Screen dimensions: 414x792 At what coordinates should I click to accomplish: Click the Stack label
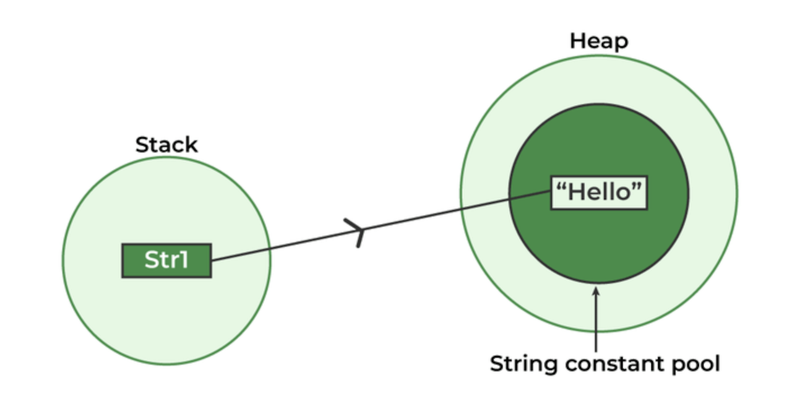[x=166, y=145]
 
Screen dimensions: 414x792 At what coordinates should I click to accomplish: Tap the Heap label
[x=598, y=41]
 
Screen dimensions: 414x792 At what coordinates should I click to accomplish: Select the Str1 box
[x=166, y=261]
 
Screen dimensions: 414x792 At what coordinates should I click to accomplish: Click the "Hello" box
[x=599, y=192]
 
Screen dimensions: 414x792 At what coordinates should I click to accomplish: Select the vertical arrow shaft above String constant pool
[x=596, y=322]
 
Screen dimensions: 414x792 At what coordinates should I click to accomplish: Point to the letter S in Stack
[x=142, y=145]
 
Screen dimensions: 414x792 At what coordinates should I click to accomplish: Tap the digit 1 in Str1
[x=184, y=261]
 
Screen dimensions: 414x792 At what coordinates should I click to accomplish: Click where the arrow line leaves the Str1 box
[x=212, y=260]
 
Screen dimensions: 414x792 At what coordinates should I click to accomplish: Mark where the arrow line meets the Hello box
[x=551, y=191]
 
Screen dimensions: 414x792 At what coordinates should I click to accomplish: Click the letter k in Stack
[x=192, y=145]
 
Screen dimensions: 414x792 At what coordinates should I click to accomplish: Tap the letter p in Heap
[x=621, y=43]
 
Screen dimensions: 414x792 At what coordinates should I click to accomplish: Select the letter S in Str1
[x=151, y=261]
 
